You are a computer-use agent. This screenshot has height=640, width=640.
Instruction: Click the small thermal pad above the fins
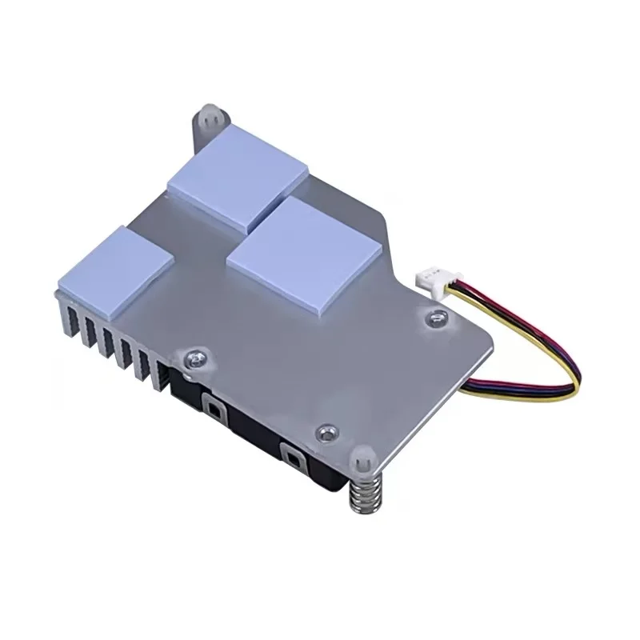tap(116, 268)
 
